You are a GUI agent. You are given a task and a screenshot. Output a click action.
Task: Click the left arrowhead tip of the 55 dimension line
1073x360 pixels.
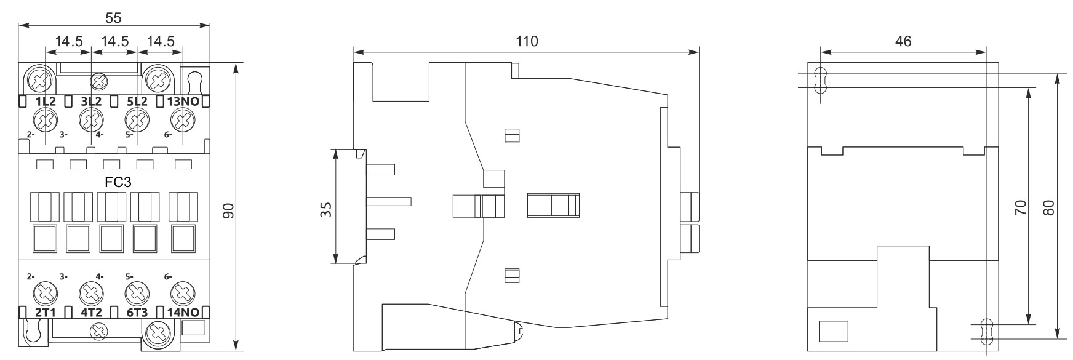pyautogui.click(x=19, y=25)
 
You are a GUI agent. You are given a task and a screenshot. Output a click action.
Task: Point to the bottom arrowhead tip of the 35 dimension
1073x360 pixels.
pyautogui.click(x=336, y=264)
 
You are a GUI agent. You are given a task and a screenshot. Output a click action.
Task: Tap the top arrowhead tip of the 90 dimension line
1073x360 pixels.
pyautogui.click(x=237, y=63)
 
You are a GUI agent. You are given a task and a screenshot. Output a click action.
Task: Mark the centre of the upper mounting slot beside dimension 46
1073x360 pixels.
pyautogui.click(x=820, y=80)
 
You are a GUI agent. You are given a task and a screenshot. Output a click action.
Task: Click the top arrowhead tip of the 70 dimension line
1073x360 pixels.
pyautogui.click(x=1028, y=87)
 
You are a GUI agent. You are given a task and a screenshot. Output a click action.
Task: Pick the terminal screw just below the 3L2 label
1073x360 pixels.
pyautogui.click(x=91, y=119)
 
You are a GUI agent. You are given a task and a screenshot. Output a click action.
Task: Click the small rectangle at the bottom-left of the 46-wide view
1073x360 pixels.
pyautogui.click(x=833, y=330)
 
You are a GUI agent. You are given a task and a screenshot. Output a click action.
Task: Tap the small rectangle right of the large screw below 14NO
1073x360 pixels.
pyautogui.click(x=193, y=327)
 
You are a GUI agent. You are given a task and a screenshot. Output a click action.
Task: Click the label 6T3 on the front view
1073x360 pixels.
pyautogui.click(x=137, y=312)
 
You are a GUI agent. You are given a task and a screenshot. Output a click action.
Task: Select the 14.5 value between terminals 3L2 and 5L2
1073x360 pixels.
pyautogui.click(x=114, y=42)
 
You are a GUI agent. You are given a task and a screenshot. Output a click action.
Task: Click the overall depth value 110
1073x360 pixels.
pyautogui.click(x=527, y=41)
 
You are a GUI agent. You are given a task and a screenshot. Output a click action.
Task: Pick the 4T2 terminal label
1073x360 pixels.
pyautogui.click(x=91, y=312)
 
